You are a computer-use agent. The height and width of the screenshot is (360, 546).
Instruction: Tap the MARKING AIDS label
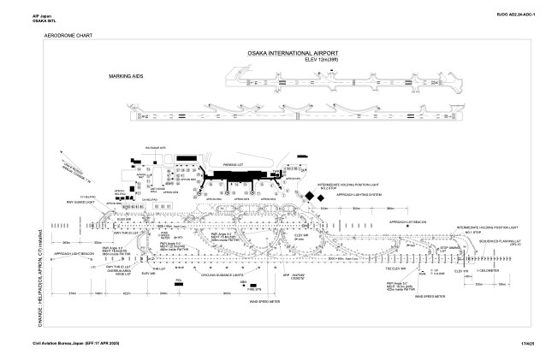(125, 76)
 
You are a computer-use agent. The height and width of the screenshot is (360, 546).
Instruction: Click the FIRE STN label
(243, 289)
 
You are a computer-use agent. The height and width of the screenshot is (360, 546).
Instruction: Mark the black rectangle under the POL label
(180, 286)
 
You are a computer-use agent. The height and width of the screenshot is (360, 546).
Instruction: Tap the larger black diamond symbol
(308, 197)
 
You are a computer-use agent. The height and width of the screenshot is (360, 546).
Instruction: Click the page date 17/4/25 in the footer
(527, 343)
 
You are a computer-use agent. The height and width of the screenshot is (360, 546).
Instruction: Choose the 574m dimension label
(70, 292)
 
